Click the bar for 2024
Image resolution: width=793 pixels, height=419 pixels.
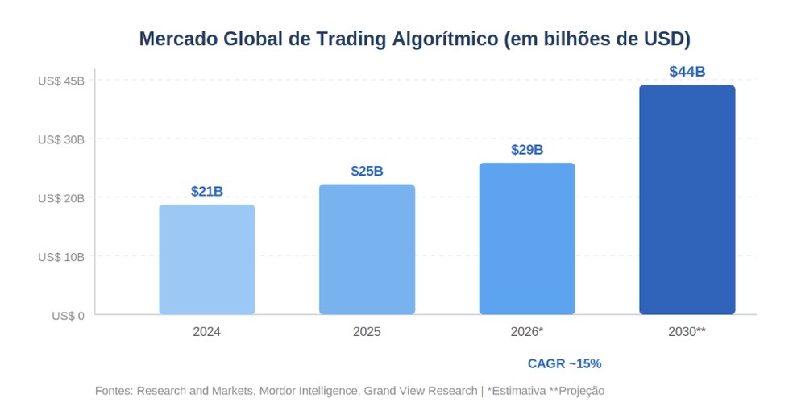coord(206,259)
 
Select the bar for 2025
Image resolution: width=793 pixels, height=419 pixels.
coord(367,249)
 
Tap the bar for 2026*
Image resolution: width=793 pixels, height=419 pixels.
coord(527,239)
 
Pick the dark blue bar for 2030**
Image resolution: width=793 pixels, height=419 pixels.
coord(687,199)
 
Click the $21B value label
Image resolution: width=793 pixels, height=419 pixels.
coord(206,192)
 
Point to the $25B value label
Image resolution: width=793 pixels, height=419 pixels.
coord(367,172)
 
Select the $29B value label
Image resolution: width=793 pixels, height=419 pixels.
coord(527,151)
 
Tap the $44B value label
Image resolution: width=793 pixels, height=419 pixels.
coord(687,73)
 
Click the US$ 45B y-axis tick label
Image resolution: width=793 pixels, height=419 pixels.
coord(60,81)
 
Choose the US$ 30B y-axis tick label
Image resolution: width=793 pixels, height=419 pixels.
coord(60,139)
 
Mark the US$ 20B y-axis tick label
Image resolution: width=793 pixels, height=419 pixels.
coord(60,198)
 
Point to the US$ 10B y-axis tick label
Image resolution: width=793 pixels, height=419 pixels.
coord(60,257)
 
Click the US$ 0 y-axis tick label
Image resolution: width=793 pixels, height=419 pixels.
coord(68,316)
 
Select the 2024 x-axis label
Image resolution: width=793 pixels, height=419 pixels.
coord(206,332)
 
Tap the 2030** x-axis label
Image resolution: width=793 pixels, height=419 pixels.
coord(687,332)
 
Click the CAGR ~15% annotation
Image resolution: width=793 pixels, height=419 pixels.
coord(564,364)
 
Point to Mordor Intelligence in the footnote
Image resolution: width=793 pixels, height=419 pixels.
coord(309,391)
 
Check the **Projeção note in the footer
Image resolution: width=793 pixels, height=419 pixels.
coord(576,391)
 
